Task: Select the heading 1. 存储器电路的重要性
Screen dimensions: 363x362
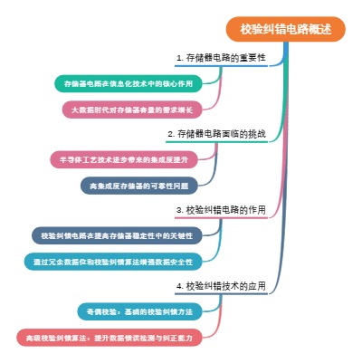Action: click(x=221, y=57)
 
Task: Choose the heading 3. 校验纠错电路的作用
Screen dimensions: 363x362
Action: click(x=221, y=209)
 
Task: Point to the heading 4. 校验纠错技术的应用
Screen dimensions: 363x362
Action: click(x=221, y=285)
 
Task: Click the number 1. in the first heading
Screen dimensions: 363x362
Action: click(x=179, y=57)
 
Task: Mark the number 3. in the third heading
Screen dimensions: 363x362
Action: click(x=179, y=209)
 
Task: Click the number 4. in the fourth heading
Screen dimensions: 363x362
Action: click(x=179, y=285)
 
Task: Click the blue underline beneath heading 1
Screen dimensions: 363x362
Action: click(x=222, y=66)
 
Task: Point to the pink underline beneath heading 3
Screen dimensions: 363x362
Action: click(x=222, y=218)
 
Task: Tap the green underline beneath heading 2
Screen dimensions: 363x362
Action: click(x=217, y=142)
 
